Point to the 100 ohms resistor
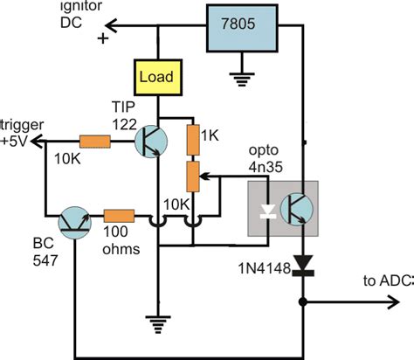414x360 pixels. [x=119, y=215]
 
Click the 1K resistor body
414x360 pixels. [x=195, y=138]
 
